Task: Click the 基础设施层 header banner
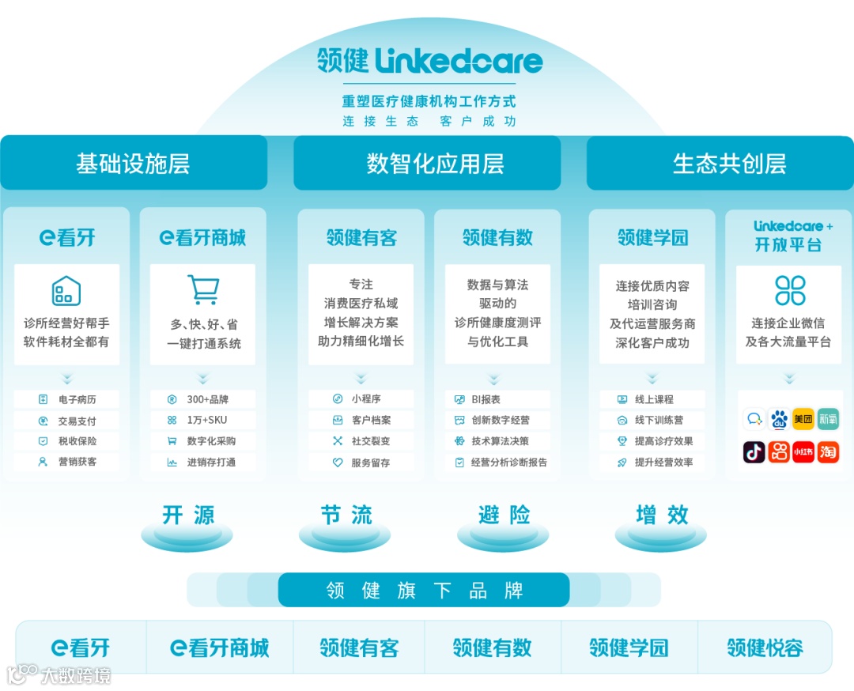pyautogui.click(x=134, y=164)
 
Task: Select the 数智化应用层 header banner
pyautogui.click(x=427, y=164)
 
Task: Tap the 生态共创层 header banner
pyautogui.click(x=720, y=164)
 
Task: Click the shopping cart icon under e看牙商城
pyautogui.click(x=202, y=290)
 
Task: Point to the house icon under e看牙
pyautogui.click(x=66, y=290)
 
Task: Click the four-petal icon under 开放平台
pyautogui.click(x=789, y=290)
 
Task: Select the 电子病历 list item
pyautogui.click(x=66, y=399)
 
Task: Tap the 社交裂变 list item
pyautogui.click(x=361, y=441)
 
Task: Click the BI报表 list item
pyautogui.click(x=497, y=399)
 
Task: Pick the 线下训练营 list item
pyautogui.click(x=652, y=420)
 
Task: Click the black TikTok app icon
pyautogui.click(x=754, y=451)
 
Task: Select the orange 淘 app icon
pyautogui.click(x=828, y=451)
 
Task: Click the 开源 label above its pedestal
pyautogui.click(x=188, y=515)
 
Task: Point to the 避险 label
pyautogui.click(x=504, y=515)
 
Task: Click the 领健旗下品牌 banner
pyautogui.click(x=424, y=591)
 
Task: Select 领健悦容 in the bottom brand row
pyautogui.click(x=765, y=648)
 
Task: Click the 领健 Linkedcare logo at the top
pyautogui.click(x=429, y=61)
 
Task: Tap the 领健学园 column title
pyautogui.click(x=652, y=237)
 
